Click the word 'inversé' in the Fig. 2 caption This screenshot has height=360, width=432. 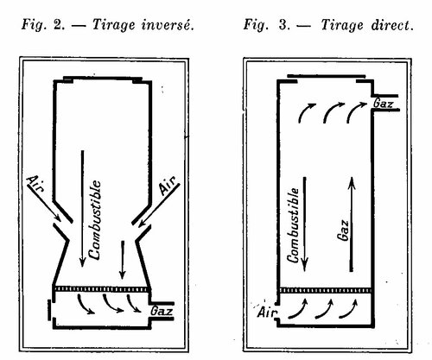click(x=168, y=25)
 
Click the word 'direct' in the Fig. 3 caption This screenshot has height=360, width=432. click(x=392, y=25)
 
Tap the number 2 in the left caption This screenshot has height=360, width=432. click(x=58, y=25)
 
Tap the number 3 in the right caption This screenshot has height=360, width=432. click(x=283, y=25)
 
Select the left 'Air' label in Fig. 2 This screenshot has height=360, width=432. click(x=36, y=183)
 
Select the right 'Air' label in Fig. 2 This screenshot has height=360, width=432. click(x=168, y=186)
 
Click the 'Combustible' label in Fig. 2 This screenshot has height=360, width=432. click(x=95, y=220)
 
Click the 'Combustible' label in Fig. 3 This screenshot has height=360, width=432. click(x=293, y=225)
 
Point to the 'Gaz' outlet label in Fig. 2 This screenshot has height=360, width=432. click(x=162, y=311)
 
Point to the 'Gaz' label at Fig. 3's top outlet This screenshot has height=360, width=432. click(x=383, y=103)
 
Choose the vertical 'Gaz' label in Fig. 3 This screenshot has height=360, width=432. click(x=343, y=231)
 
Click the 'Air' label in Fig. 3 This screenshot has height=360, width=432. click(x=267, y=313)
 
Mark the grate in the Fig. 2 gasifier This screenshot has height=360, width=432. click(x=102, y=288)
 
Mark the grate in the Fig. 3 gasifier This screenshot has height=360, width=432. click(x=325, y=290)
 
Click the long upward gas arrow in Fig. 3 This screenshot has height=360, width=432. click(x=352, y=224)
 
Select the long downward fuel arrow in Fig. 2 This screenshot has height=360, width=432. click(x=83, y=209)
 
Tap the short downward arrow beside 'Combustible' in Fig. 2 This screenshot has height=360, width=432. click(x=123, y=260)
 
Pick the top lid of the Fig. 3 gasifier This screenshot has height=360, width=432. click(x=327, y=76)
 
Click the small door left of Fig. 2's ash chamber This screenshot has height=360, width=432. click(x=49, y=310)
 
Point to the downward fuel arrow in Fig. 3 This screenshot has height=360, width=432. click(x=304, y=224)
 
